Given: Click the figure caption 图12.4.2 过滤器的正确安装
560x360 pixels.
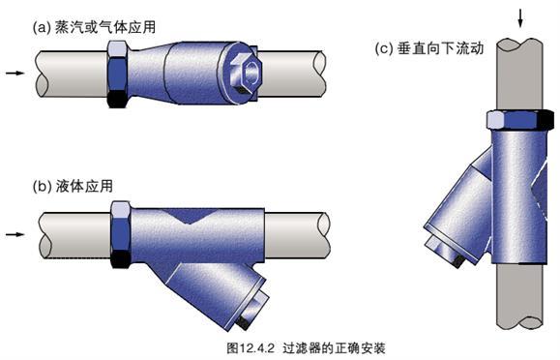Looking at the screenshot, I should coord(280,345).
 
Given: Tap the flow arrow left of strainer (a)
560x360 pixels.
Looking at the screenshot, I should coord(14,72).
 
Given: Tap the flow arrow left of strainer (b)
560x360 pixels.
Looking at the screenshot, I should coord(14,233).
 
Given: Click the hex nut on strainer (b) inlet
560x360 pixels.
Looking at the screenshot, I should coord(122,233).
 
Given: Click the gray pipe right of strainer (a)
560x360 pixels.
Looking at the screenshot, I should coord(295,70).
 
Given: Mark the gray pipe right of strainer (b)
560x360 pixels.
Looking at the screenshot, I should coord(295,232).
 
